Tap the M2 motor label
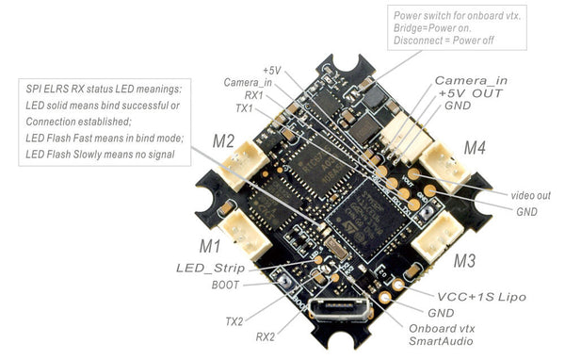(223, 142)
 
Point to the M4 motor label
(475, 147)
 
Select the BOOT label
(226, 285)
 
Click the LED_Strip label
(209, 269)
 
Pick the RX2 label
(267, 335)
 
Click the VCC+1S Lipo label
(474, 296)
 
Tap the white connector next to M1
(236, 227)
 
